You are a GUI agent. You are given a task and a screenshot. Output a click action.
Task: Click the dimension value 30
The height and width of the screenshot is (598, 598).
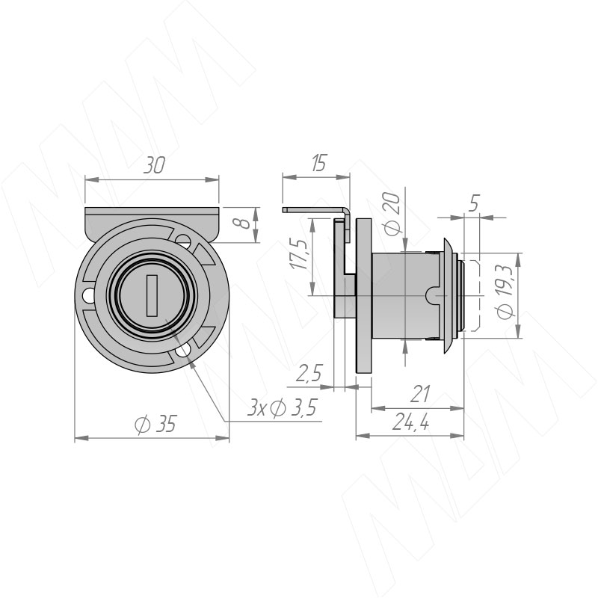(x=155, y=165)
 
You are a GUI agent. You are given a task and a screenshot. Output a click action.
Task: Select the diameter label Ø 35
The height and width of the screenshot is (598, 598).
(x=156, y=424)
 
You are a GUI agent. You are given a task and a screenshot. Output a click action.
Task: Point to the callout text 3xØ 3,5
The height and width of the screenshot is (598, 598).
(x=282, y=408)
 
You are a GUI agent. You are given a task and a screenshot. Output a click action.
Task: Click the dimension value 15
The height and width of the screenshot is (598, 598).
(x=318, y=163)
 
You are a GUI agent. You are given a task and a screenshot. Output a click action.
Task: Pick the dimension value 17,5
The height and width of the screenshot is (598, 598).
(x=298, y=253)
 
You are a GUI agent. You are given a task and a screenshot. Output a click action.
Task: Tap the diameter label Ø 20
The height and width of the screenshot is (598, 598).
(x=392, y=214)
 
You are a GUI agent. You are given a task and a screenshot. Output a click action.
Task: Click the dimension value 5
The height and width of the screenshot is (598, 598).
(x=473, y=203)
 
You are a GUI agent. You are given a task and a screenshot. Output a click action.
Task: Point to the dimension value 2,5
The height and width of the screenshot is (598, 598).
(x=309, y=373)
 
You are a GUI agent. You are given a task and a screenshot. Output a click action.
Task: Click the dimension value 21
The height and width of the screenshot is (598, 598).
(x=421, y=394)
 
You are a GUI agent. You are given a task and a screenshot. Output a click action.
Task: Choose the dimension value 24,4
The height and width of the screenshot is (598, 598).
(x=410, y=422)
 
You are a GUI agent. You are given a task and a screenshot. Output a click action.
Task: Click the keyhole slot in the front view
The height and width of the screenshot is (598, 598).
(x=152, y=295)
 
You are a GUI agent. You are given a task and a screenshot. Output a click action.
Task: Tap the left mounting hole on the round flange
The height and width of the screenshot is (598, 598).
(x=88, y=295)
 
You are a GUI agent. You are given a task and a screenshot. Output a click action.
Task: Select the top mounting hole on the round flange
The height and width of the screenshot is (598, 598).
(x=183, y=241)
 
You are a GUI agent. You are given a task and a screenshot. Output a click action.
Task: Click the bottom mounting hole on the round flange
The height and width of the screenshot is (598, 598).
(x=183, y=351)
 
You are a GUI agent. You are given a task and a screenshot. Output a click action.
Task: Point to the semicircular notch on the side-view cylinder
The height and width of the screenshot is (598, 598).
(x=432, y=295)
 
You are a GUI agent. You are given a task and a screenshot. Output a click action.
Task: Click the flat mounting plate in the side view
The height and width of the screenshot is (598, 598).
(x=364, y=296)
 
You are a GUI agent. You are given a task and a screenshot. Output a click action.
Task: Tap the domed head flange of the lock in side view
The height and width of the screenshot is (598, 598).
(x=449, y=296)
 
